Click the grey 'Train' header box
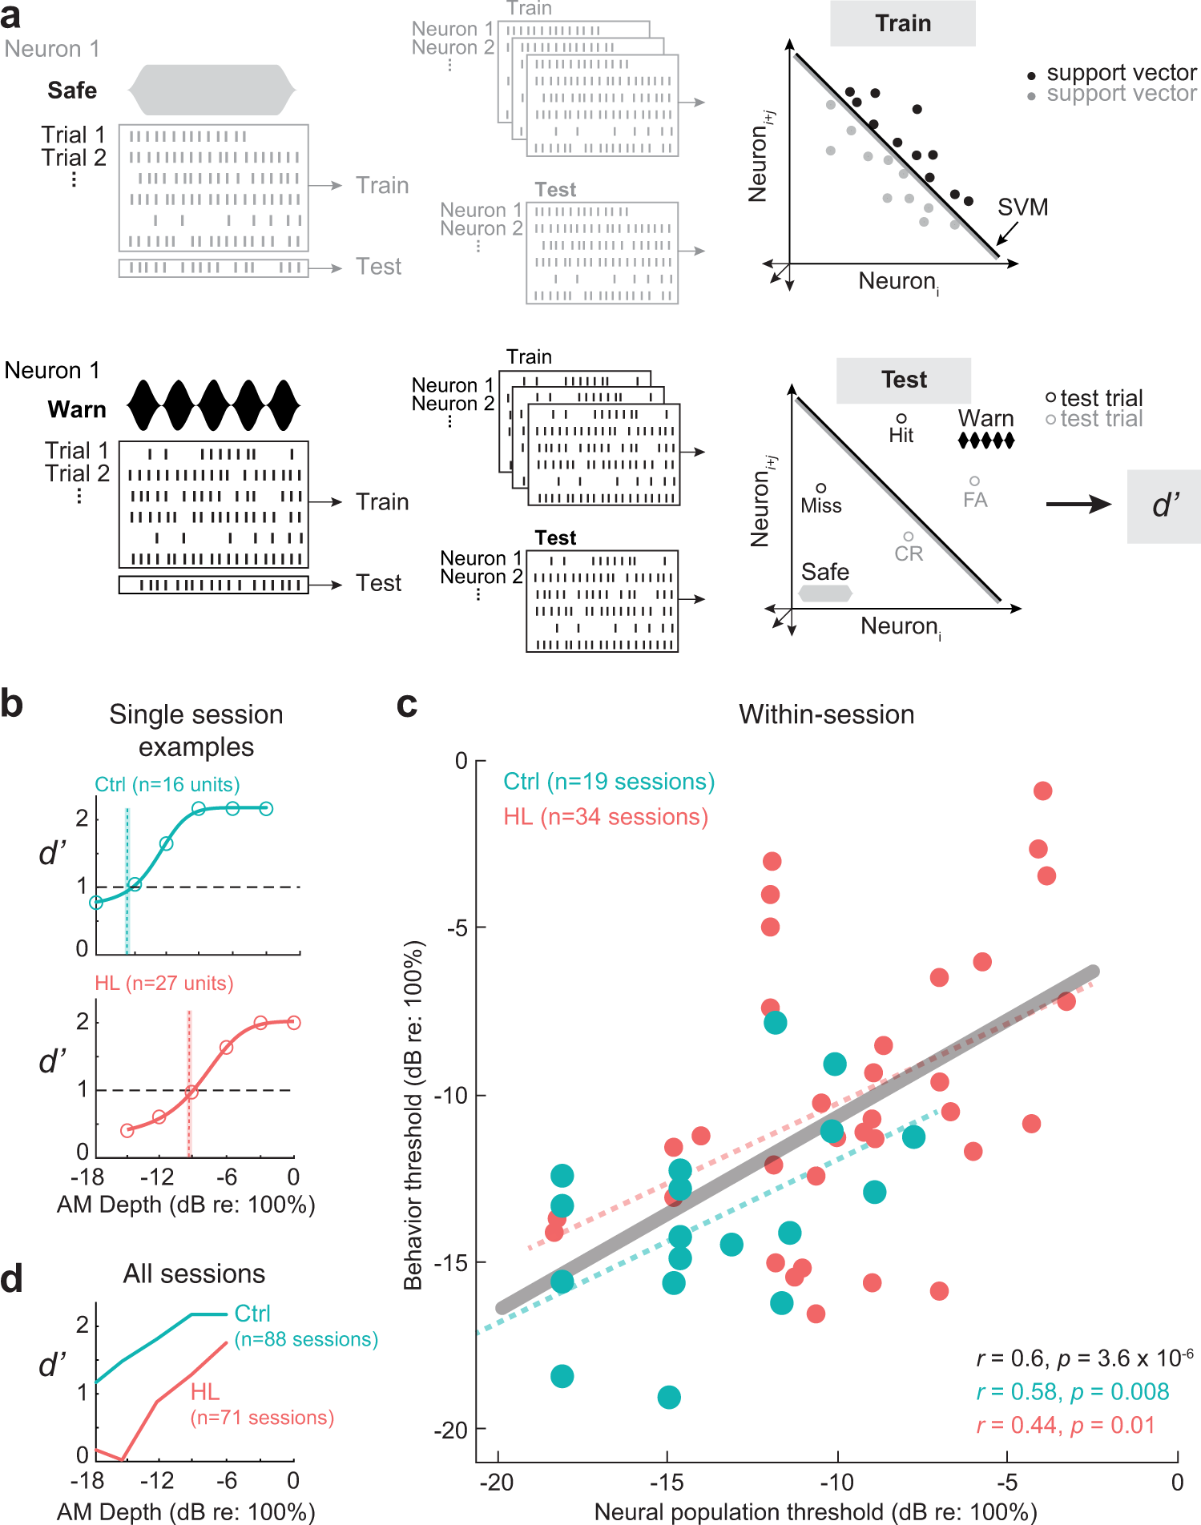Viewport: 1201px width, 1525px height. (x=902, y=23)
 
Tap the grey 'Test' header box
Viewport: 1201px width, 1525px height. (x=904, y=380)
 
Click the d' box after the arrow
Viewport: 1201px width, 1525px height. (x=1164, y=505)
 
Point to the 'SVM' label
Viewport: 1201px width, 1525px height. (x=1022, y=207)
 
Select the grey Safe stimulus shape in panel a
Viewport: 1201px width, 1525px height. (x=212, y=90)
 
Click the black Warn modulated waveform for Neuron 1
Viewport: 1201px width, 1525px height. (x=213, y=405)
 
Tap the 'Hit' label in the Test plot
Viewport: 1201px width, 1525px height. (x=901, y=435)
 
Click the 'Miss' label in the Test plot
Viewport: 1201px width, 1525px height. (x=820, y=505)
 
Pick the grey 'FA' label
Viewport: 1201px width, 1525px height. (x=975, y=500)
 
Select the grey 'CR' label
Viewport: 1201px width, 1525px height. (x=909, y=553)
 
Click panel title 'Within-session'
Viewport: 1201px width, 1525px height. (x=826, y=714)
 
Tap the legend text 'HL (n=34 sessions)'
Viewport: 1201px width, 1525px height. (x=606, y=816)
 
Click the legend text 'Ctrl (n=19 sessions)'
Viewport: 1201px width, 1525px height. (x=609, y=781)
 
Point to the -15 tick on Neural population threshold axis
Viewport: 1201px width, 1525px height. (x=667, y=1482)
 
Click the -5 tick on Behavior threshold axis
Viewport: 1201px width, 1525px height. (x=457, y=927)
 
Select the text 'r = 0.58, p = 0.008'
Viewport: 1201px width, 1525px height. (x=1072, y=1391)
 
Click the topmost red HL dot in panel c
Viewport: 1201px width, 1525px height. (x=1042, y=791)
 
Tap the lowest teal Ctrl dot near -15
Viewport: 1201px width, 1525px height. (x=669, y=1398)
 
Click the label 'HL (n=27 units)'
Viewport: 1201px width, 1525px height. (x=164, y=983)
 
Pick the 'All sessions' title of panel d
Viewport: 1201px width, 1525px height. (x=194, y=1274)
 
